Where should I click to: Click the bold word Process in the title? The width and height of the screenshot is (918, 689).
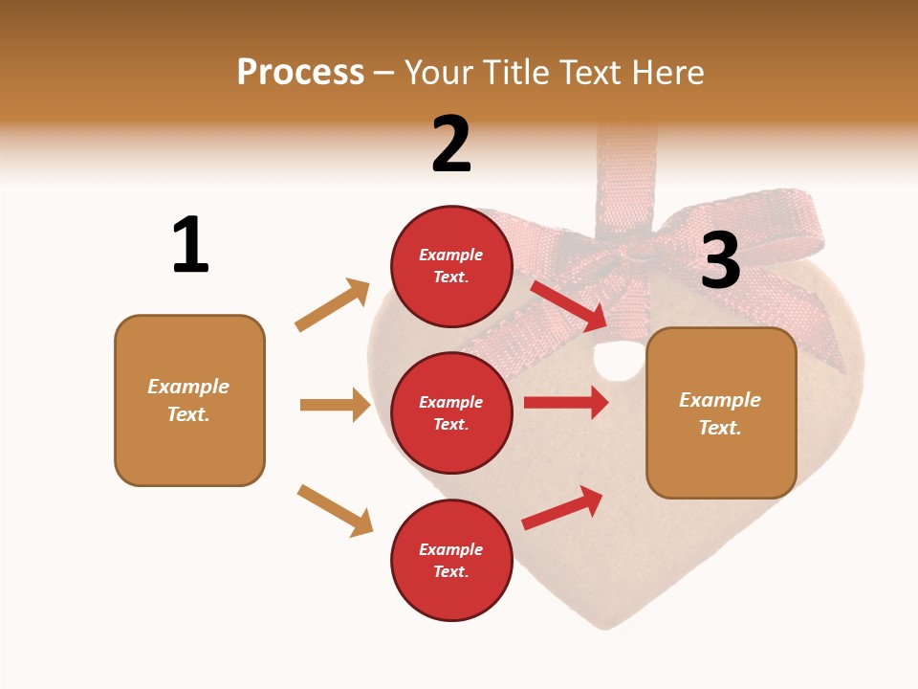tap(300, 73)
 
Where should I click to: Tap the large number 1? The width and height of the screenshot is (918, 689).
tap(190, 244)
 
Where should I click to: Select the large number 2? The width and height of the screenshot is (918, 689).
tap(451, 144)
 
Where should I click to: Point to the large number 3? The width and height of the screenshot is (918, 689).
tap(720, 260)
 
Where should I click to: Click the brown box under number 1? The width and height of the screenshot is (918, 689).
tap(189, 400)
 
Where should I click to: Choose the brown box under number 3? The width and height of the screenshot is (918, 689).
tap(721, 412)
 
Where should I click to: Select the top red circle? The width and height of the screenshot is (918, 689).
tap(451, 266)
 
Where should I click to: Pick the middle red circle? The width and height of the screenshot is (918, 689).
tap(451, 412)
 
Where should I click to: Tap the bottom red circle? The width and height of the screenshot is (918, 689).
tap(451, 560)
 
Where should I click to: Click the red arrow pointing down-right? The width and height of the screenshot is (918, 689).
tap(568, 303)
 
